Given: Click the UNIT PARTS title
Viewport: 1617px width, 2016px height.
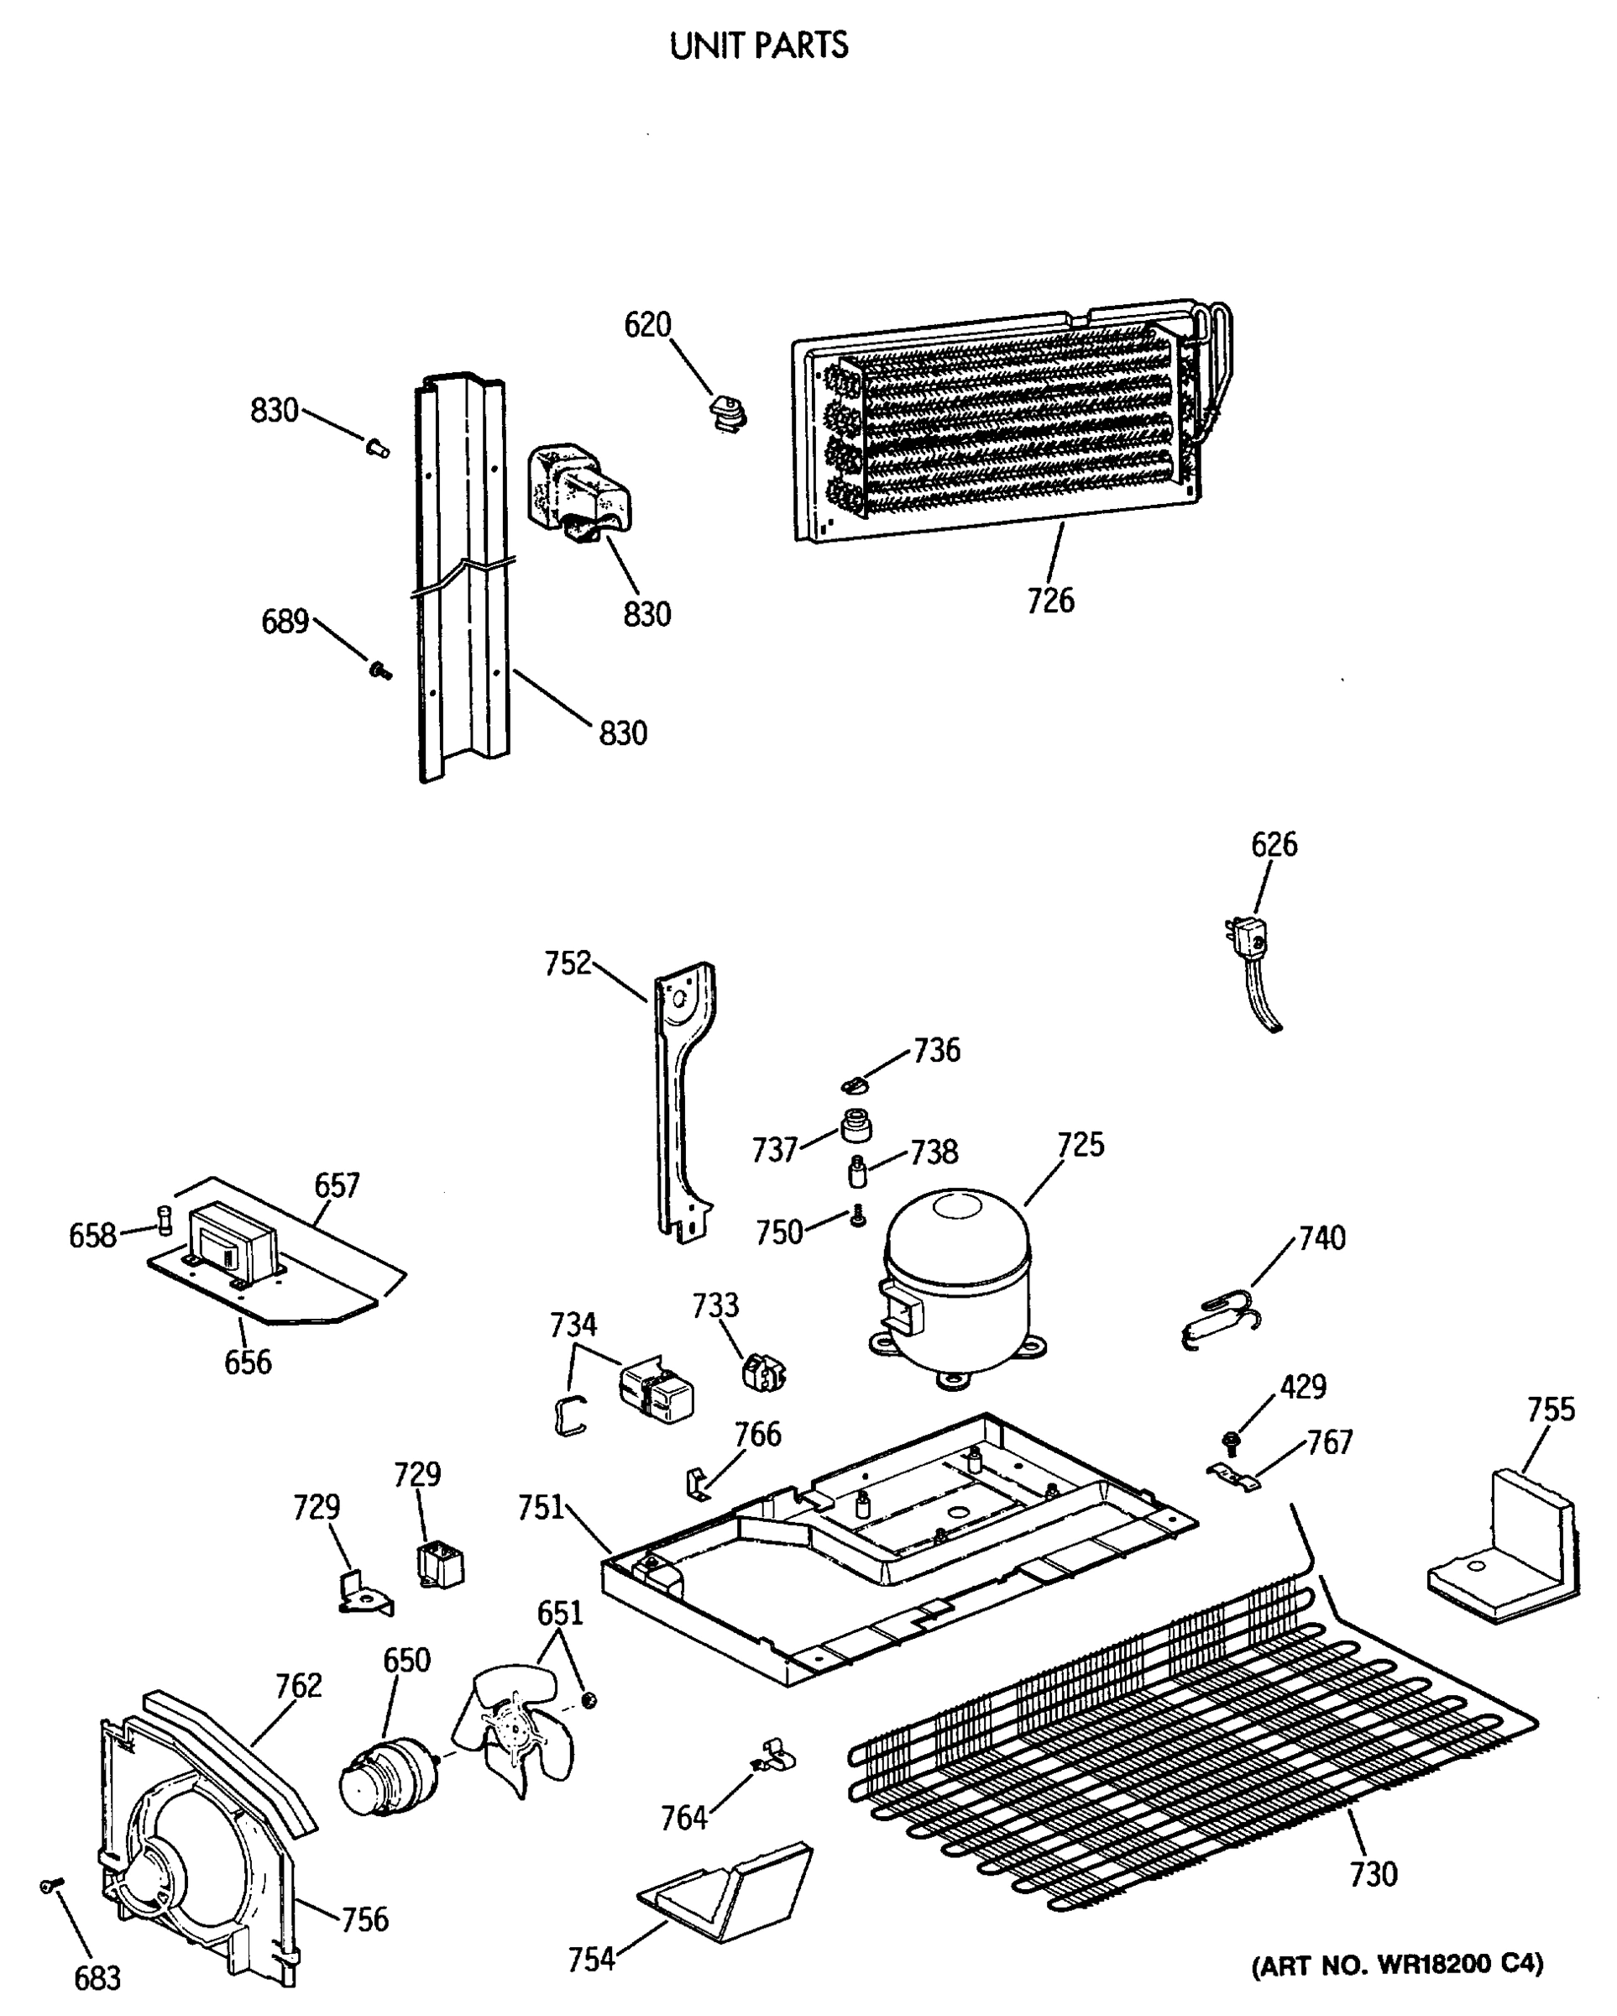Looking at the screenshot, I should click(x=758, y=45).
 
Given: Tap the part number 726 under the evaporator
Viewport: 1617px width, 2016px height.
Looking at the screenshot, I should click(x=1049, y=601).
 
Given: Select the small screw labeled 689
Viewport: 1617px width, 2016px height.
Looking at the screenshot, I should click(x=379, y=669).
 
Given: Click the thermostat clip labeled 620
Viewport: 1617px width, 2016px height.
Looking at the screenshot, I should click(x=725, y=412).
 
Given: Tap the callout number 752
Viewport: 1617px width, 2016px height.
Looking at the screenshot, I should click(x=568, y=963).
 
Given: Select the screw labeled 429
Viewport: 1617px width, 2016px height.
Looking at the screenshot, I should click(x=1231, y=1441).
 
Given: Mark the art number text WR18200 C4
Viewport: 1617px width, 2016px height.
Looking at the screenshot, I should click(x=1396, y=1964).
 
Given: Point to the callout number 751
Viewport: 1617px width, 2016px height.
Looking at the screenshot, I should click(x=540, y=1507).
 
